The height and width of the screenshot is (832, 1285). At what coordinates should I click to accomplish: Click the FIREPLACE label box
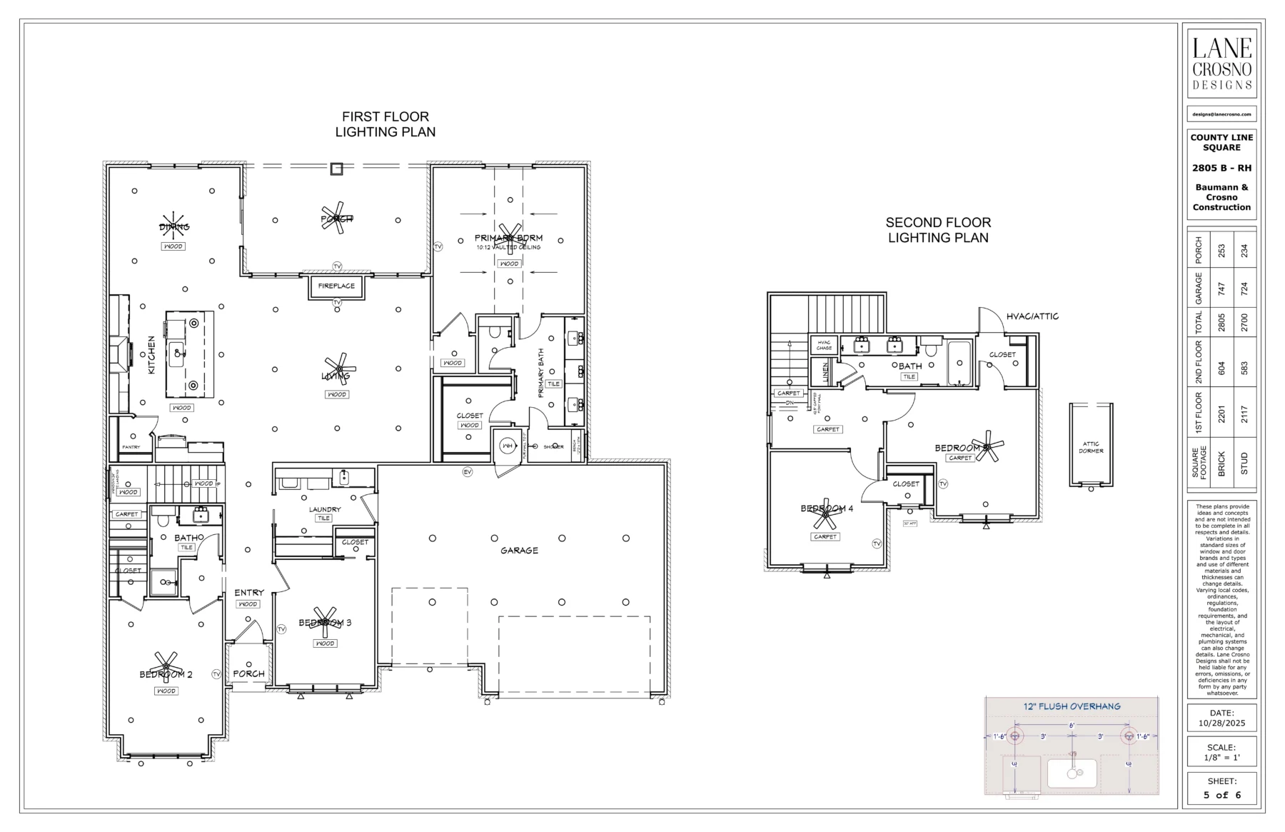[x=336, y=286]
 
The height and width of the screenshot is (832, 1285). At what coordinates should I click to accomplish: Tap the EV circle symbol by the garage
[x=468, y=472]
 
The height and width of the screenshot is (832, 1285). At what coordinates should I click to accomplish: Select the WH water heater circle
[x=508, y=446]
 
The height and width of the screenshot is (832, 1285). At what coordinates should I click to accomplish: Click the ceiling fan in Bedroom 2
[x=166, y=663]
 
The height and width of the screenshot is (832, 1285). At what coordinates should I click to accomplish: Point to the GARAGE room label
[x=519, y=551]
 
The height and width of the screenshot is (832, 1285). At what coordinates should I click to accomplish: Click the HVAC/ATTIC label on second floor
[x=1032, y=316]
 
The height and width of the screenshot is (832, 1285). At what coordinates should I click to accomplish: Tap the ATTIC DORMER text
[x=1091, y=448]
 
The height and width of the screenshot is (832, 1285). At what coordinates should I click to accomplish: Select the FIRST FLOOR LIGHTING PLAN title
[x=385, y=124]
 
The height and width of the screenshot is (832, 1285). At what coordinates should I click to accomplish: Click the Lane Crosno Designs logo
[x=1221, y=63]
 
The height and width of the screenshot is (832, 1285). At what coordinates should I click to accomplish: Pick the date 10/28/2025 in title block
[x=1221, y=723]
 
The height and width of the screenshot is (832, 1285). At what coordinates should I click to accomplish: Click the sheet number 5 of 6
[x=1221, y=795]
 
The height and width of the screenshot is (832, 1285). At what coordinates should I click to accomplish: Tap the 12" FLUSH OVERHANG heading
[x=1072, y=706]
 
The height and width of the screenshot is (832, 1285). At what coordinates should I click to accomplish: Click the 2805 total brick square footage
[x=1221, y=322]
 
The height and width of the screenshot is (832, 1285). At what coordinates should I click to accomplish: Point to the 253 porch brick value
[x=1221, y=251]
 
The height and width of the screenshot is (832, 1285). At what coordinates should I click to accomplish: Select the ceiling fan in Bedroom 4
[x=825, y=513]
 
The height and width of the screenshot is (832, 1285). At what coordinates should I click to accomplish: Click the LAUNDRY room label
[x=325, y=509]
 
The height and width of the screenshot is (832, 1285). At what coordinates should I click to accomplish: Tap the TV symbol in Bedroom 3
[x=281, y=629]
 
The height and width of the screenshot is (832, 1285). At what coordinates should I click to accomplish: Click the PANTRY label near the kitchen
[x=131, y=447]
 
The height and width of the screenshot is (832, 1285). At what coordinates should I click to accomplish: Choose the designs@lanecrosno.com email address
[x=1221, y=114]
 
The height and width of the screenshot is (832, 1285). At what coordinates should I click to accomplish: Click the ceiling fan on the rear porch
[x=336, y=219]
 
